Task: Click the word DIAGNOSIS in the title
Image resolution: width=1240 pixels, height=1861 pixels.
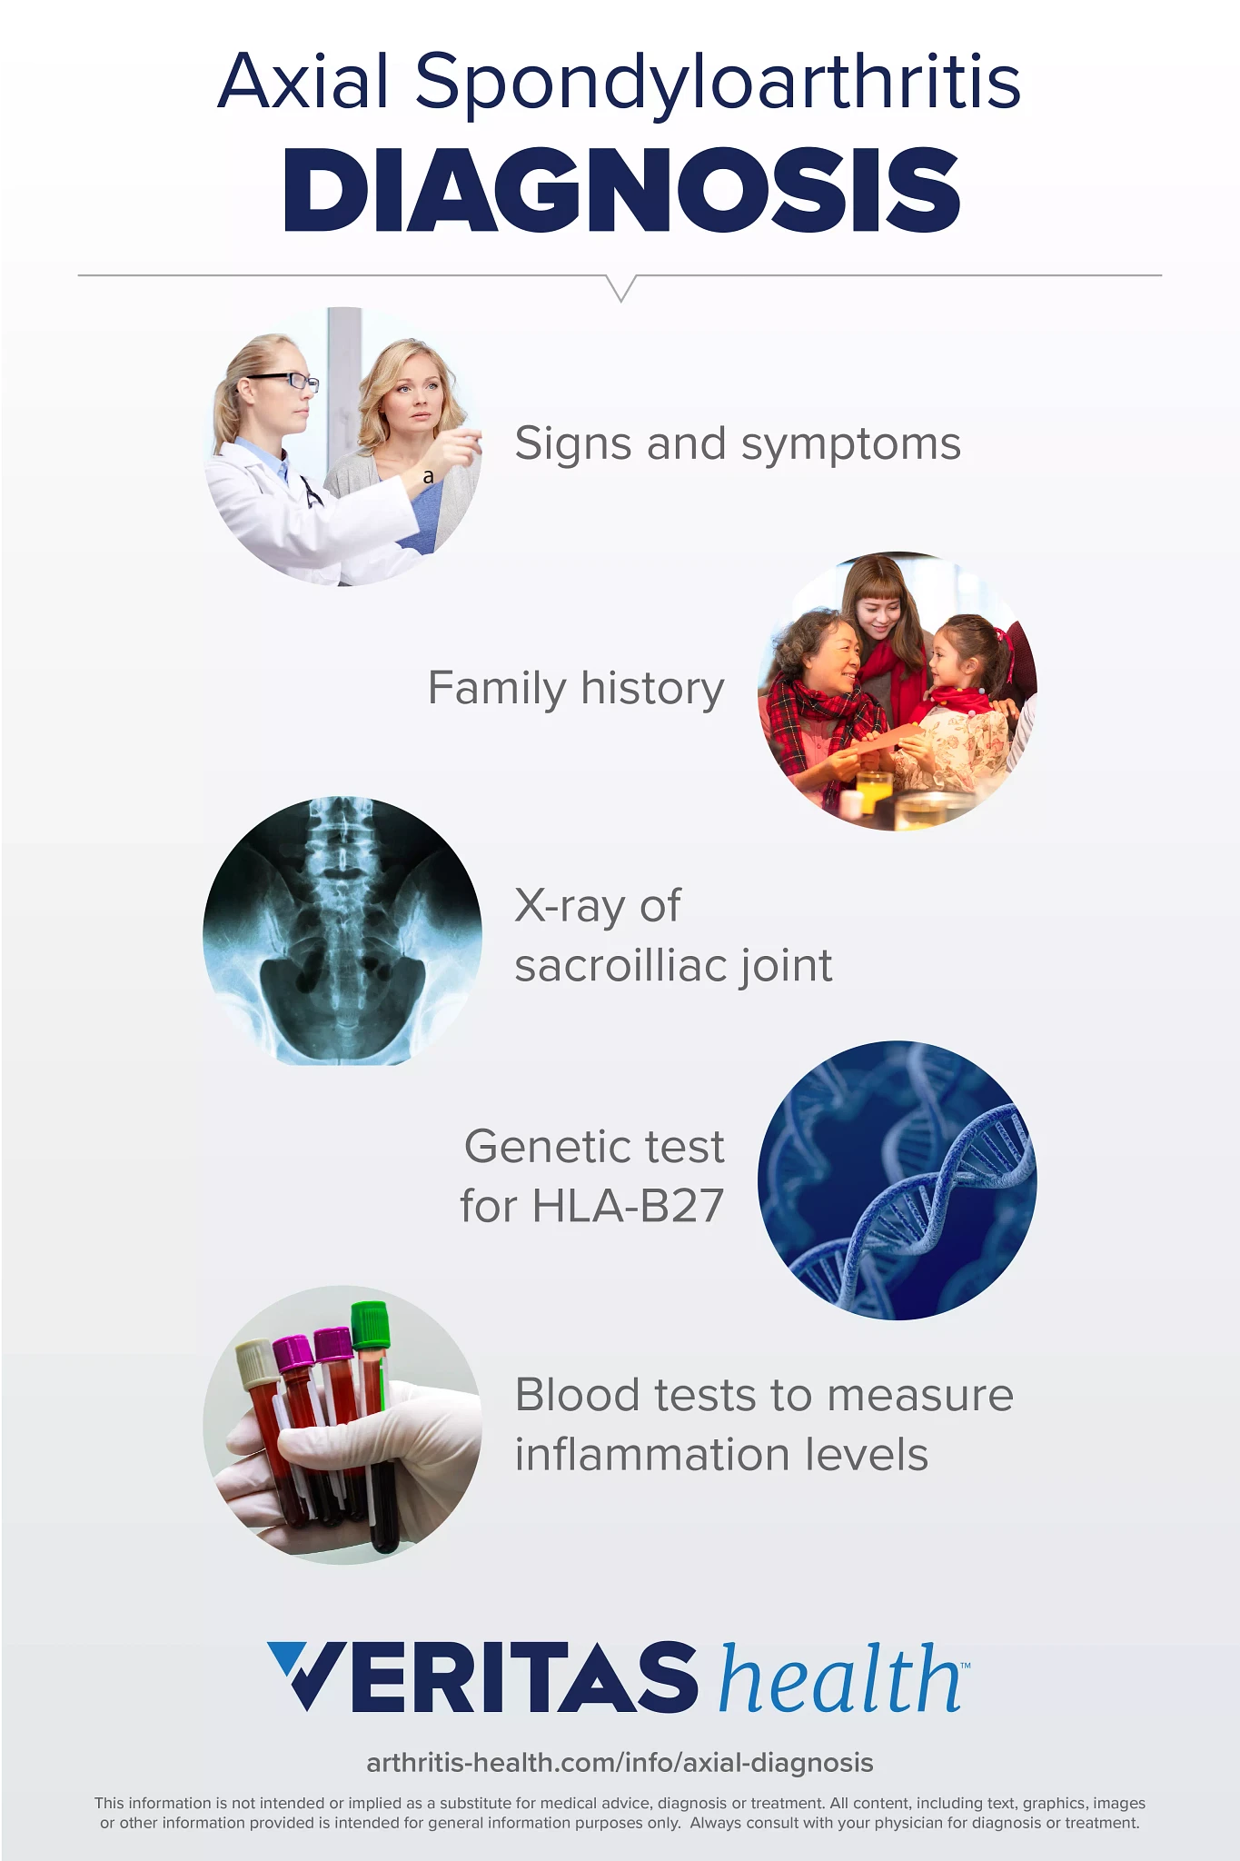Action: [x=621, y=190]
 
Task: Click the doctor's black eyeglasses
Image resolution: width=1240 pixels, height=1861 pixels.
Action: [x=283, y=381]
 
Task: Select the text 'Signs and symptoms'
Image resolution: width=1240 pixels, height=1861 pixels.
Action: [x=738, y=445]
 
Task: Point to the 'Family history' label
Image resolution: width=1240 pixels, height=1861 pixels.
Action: [x=576, y=689]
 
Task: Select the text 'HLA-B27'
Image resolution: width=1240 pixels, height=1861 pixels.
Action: [x=628, y=1207]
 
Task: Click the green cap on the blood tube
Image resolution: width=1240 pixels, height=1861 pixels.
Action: [x=371, y=1324]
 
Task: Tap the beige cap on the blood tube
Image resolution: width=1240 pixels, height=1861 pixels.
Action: [x=255, y=1364]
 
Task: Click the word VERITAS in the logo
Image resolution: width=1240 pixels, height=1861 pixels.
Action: [x=482, y=1677]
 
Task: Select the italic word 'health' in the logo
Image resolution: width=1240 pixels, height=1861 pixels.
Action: [x=840, y=1677]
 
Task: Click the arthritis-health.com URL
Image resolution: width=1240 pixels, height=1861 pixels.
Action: [x=620, y=1763]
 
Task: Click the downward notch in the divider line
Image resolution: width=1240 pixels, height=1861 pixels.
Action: [x=620, y=288]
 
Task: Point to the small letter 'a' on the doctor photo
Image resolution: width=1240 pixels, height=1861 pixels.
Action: [x=429, y=476]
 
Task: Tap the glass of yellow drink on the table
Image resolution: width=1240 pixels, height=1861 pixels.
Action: [x=874, y=791]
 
